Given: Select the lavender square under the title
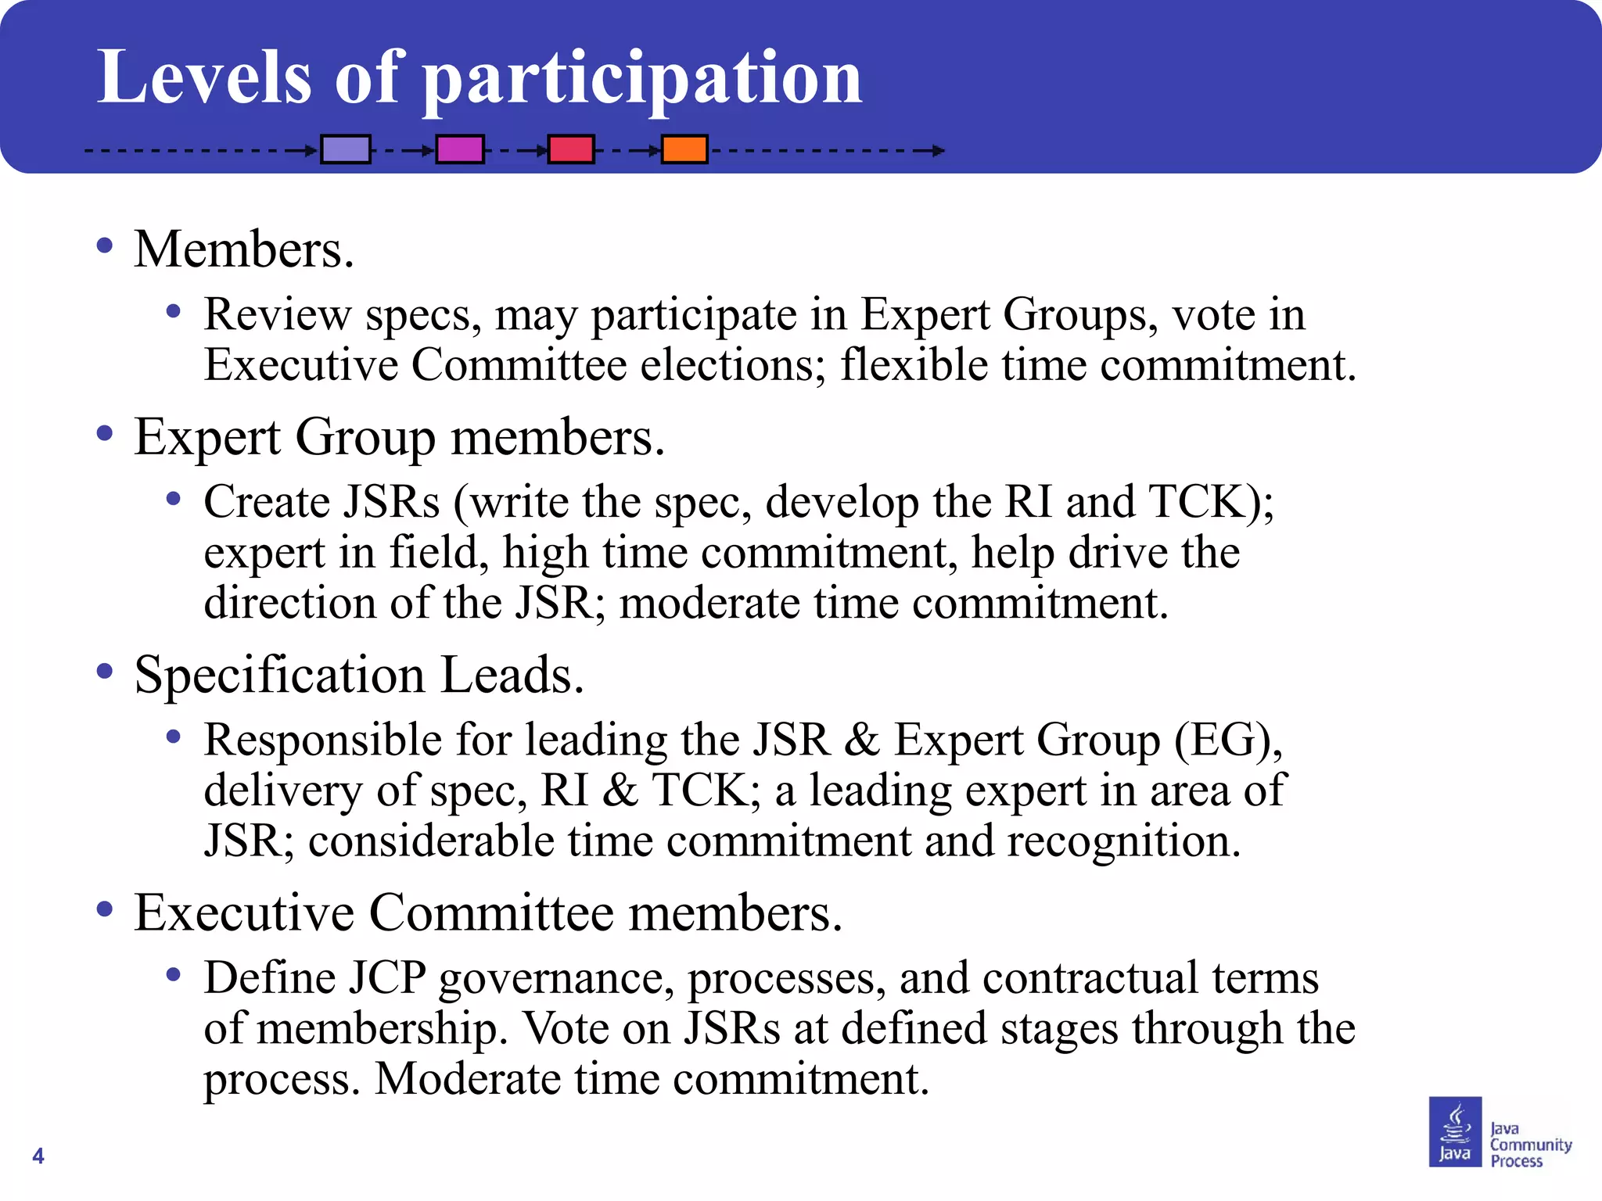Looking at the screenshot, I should [346, 149].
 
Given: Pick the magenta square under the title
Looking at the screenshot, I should [460, 149].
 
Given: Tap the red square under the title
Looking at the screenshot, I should [571, 149].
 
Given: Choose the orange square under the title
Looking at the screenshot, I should [684, 149].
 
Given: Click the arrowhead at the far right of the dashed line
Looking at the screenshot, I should [938, 150].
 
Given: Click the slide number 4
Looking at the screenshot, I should [38, 1156].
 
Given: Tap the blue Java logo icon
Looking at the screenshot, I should [1455, 1131].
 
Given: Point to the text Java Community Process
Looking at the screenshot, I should [1529, 1145].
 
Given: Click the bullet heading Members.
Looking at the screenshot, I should [243, 249].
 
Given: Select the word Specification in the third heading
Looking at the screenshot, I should [279, 675].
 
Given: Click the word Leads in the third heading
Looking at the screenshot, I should [512, 675].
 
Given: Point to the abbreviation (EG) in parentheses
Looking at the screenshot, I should [1227, 740].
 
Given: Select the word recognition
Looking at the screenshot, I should [1123, 841].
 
